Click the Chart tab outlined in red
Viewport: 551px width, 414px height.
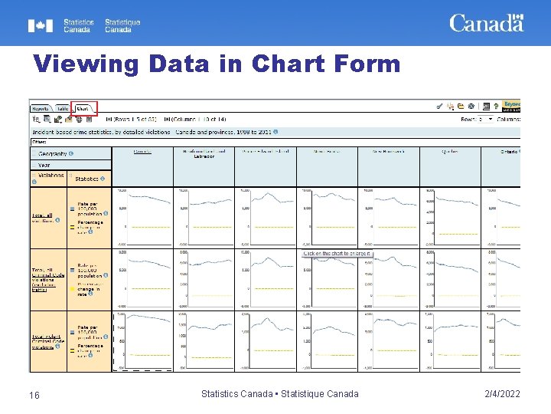[x=83, y=108]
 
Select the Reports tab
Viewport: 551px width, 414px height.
[x=41, y=109]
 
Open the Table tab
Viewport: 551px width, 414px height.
[x=62, y=109]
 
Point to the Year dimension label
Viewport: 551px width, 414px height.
[x=44, y=165]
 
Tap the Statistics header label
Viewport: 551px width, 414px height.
[x=86, y=179]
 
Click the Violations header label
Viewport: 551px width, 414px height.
[x=51, y=176]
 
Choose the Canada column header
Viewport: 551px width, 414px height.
[x=142, y=152]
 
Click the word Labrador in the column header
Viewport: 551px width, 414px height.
[x=204, y=156]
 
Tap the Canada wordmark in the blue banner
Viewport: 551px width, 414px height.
[x=486, y=23]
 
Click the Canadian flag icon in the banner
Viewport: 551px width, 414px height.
[x=41, y=26]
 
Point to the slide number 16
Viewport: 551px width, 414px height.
[x=34, y=394]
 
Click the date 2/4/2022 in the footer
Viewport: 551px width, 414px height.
[x=502, y=394]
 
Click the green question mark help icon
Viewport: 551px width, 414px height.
[x=496, y=106]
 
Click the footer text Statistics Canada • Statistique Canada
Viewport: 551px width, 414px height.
[x=279, y=394]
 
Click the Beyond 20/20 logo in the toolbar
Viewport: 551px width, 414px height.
[x=512, y=106]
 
